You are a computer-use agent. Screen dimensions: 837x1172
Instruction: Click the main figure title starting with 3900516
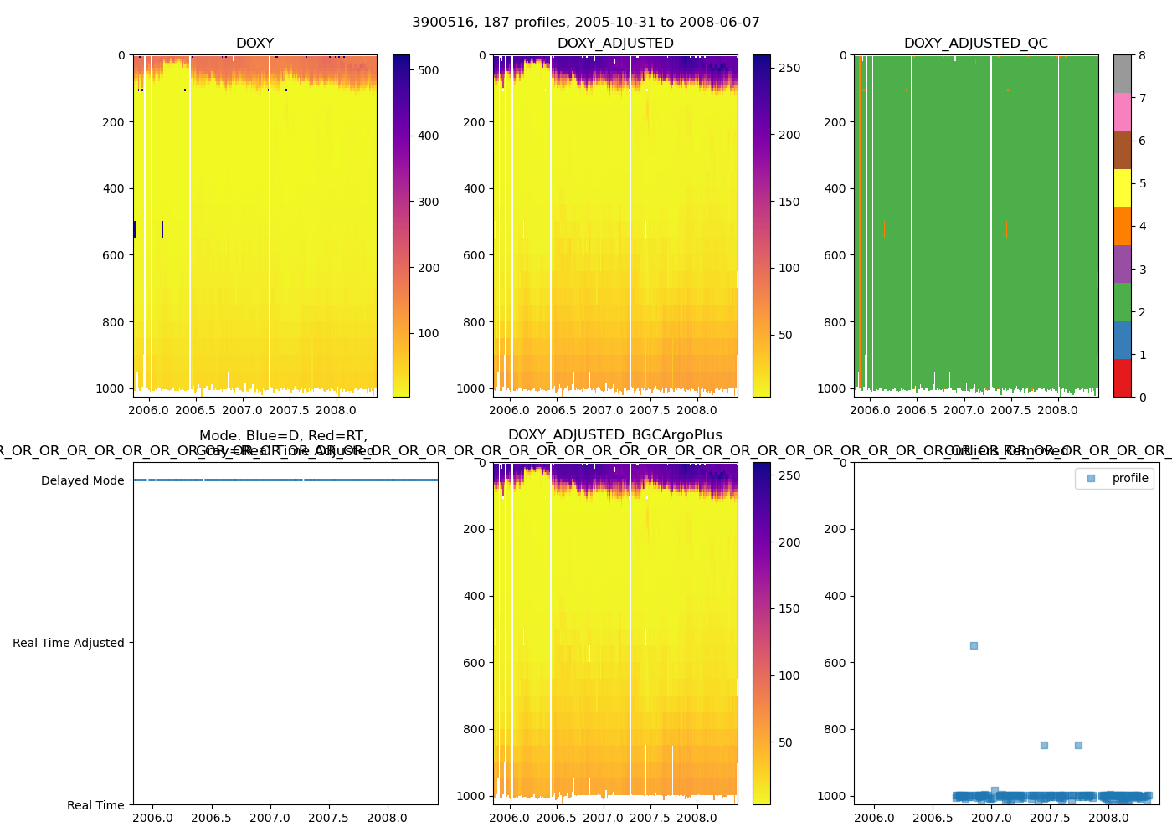pos(585,23)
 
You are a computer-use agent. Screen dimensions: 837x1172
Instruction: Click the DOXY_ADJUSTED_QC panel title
pos(975,44)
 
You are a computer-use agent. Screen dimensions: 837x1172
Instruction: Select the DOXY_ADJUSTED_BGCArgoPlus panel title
pos(614,435)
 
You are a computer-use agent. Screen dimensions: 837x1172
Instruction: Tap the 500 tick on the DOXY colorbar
pos(429,70)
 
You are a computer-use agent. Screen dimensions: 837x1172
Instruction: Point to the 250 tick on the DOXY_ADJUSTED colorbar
pos(789,68)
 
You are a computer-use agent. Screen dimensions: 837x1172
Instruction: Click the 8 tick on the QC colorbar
pos(1142,55)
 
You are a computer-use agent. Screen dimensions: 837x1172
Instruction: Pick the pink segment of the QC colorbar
pos(1122,111)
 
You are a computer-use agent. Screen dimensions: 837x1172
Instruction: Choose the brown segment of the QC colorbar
pos(1122,150)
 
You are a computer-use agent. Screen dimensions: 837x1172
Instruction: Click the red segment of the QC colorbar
pos(1122,377)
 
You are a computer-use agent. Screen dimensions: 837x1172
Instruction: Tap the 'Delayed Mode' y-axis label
pos(82,480)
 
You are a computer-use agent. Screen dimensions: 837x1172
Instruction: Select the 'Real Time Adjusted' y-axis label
pos(68,643)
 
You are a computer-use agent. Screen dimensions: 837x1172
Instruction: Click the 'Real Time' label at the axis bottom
pos(95,805)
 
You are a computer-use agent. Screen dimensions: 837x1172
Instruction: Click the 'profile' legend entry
pos(1129,478)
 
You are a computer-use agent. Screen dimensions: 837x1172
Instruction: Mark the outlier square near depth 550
pos(974,645)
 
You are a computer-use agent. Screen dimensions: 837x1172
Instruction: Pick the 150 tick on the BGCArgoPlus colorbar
pos(789,608)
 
